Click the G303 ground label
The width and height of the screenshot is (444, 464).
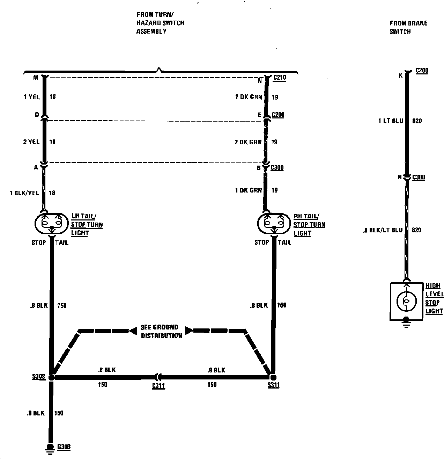click(64, 447)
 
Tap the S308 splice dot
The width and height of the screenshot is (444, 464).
click(51, 378)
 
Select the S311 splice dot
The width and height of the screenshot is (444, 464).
click(273, 378)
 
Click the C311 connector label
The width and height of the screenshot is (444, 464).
click(158, 386)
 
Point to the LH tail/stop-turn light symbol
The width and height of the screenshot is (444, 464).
click(51, 224)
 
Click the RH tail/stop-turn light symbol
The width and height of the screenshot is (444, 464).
click(274, 224)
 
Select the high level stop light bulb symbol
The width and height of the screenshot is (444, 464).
click(406, 301)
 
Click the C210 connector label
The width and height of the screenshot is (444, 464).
click(279, 78)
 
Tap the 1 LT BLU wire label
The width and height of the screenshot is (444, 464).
click(390, 121)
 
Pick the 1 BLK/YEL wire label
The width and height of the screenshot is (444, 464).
click(24, 193)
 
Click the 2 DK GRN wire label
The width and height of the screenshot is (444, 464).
click(248, 142)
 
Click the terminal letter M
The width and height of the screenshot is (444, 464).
click(36, 78)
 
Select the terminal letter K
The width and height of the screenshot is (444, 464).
click(400, 75)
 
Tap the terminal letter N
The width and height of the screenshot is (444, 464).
click(260, 81)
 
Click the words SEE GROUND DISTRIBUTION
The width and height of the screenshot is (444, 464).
click(161, 332)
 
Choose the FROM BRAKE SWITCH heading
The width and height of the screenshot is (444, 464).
click(408, 27)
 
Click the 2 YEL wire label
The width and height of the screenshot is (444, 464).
click(31, 142)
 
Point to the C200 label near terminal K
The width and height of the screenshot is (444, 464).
click(422, 71)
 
